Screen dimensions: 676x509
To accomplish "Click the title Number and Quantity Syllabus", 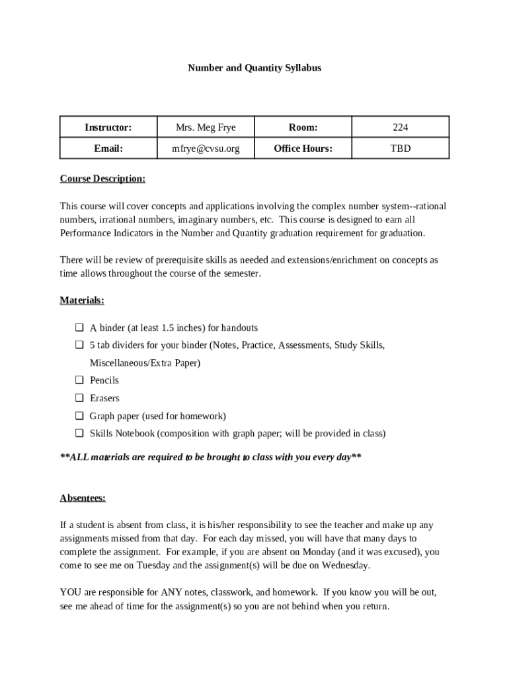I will coord(255,68).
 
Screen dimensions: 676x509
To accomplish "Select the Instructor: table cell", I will coord(108,127).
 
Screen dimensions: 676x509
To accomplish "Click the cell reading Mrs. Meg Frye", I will coord(206,127).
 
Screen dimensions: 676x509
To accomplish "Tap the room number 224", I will coord(400,127).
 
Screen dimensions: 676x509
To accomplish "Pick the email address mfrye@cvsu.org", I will coord(206,149).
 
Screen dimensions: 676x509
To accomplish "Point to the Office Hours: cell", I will coord(303,149).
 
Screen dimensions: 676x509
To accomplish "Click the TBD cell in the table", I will coord(400,149).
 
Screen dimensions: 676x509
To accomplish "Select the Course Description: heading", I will coord(102,179).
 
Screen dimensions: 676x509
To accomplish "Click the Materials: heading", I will coord(82,300).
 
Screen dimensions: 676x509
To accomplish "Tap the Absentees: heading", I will coord(83,498).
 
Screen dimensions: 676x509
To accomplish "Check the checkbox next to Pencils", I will coord(79,380).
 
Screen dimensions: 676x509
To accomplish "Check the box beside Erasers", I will coord(79,398).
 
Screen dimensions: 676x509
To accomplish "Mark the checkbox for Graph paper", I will coord(79,416).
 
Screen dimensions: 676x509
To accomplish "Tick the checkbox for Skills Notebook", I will coord(79,434).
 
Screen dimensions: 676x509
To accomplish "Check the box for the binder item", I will coord(79,327).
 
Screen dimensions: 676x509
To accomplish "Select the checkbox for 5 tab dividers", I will coord(79,345).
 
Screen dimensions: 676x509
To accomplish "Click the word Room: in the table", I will coord(303,127).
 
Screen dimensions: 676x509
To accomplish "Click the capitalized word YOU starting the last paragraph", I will coord(70,592).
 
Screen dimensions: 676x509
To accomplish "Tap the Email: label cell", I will coord(108,149).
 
